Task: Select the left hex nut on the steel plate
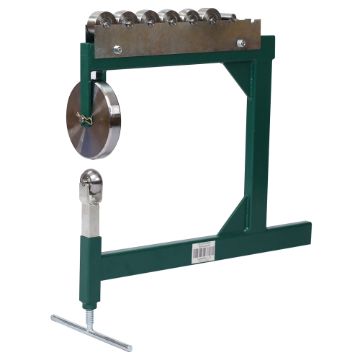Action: point(117,49)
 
